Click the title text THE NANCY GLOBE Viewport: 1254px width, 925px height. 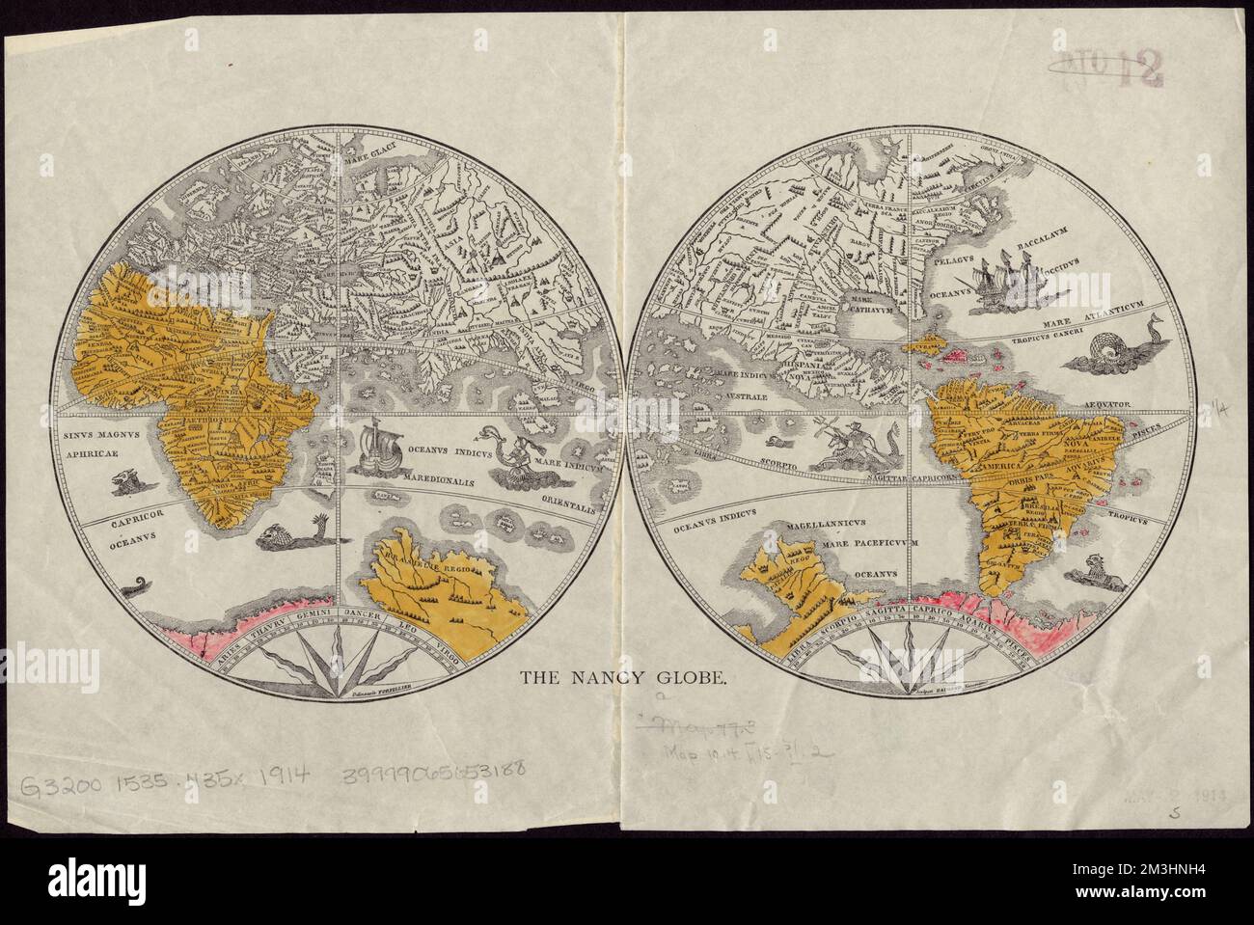[x=623, y=677]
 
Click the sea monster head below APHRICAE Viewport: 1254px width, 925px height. [x=124, y=480]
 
